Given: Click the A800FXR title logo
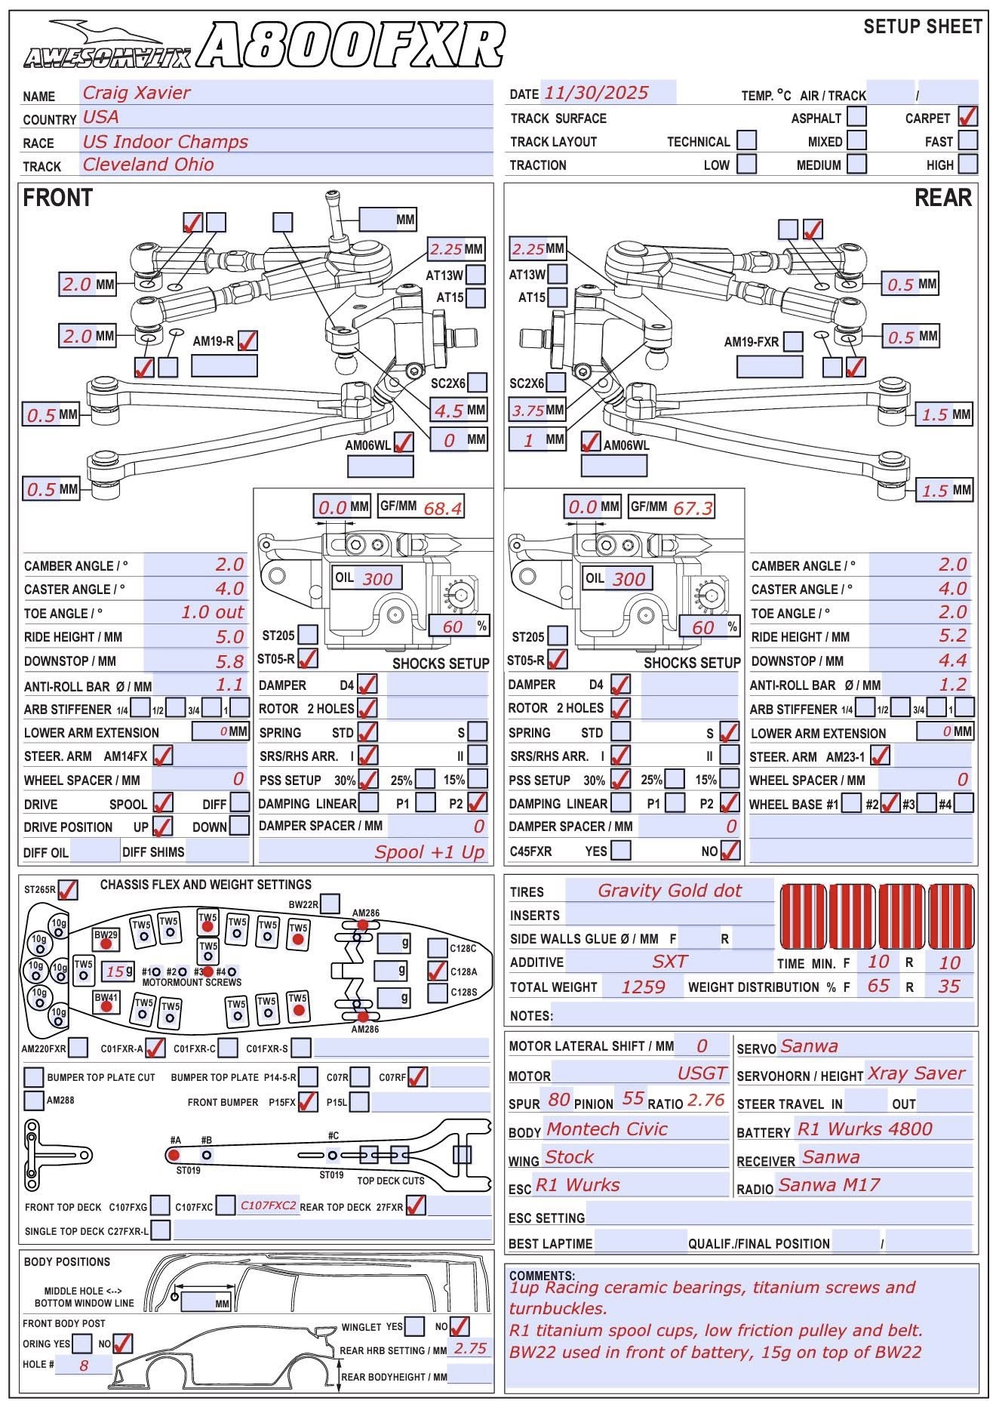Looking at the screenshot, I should click(353, 45).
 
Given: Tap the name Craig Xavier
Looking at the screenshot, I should click(136, 93).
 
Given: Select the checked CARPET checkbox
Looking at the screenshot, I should click(967, 117).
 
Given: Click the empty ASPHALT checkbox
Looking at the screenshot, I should click(856, 117).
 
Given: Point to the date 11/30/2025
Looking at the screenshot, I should click(596, 93).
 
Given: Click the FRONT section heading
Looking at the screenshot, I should click(58, 198).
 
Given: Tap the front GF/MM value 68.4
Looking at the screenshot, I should click(442, 508).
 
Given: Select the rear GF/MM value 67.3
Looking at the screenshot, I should click(693, 508).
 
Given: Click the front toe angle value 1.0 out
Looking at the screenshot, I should click(212, 612).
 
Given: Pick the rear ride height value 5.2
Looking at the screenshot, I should click(952, 636).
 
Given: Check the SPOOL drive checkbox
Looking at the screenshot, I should click(162, 802).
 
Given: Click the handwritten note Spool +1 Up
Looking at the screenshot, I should click(429, 852).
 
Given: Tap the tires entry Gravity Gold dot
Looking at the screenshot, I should click(669, 891).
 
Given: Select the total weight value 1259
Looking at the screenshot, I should click(643, 987).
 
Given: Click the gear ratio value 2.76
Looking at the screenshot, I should click(706, 1101).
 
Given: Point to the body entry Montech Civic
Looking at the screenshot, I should click(607, 1129).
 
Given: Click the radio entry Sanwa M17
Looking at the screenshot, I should click(829, 1185).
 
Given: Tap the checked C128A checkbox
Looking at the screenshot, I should click(438, 971).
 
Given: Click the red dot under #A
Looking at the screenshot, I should click(174, 1155).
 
